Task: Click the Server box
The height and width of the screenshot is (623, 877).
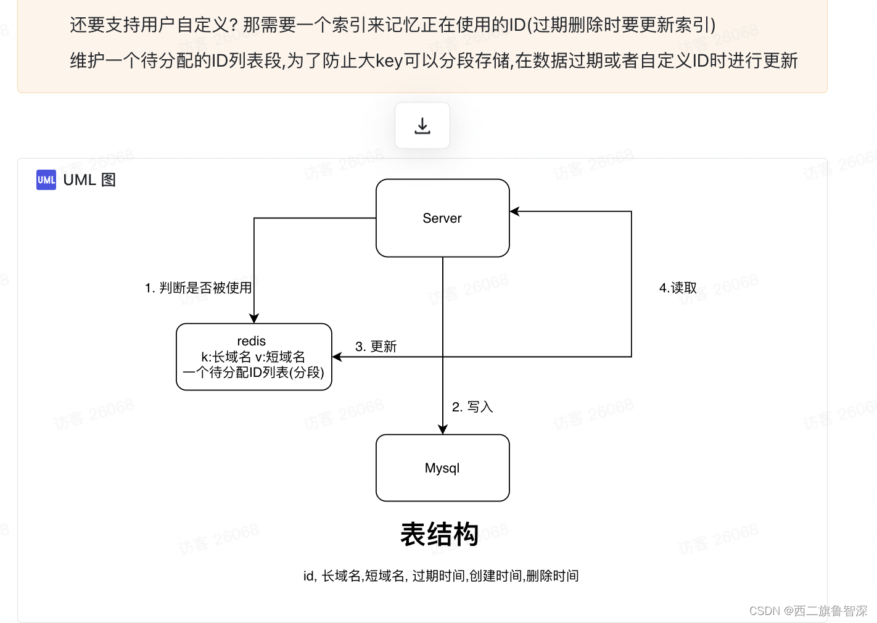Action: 442,218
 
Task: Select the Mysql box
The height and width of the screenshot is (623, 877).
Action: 442,468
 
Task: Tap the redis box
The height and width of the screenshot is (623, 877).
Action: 253,357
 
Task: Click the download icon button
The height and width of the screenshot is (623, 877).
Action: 422,126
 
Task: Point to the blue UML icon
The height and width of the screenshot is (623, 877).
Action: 46,179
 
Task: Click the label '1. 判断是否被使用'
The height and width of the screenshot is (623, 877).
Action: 198,287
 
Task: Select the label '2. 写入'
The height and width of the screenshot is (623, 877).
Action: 472,406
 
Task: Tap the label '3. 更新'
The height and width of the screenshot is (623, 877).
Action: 376,346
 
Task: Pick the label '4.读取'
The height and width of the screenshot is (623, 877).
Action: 678,287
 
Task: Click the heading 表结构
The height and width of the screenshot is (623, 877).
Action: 439,534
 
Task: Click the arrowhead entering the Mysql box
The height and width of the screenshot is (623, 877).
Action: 443,429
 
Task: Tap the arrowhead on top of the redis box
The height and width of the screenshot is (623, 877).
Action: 254,318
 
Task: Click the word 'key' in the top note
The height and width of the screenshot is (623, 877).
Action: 389,60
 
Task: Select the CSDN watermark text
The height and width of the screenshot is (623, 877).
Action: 808,611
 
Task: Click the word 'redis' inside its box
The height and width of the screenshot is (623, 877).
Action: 251,341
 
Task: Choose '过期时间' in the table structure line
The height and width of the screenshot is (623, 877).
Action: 439,576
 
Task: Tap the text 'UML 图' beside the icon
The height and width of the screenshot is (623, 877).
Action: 89,179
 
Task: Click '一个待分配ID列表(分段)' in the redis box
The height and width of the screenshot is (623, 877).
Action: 253,372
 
